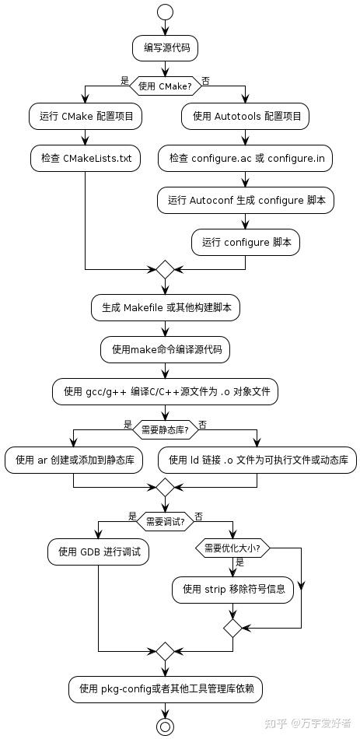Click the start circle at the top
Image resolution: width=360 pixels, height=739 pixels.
pos(165,12)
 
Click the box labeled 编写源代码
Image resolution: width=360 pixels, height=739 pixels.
pos(165,48)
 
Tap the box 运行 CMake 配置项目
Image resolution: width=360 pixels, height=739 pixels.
pos(86,117)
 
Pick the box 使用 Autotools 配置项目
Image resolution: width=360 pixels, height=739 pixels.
pos(246,117)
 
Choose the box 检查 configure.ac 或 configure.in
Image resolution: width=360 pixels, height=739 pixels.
pos(246,159)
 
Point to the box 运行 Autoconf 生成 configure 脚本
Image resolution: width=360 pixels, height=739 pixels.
pos(246,200)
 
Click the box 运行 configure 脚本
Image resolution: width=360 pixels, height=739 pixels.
pos(246,241)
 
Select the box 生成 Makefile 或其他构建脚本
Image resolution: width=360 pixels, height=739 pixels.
pos(165,307)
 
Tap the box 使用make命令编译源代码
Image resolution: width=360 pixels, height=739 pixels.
pos(165,349)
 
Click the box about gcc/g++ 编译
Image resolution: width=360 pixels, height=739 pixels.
pos(165,391)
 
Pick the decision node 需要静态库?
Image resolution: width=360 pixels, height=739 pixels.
pos(165,426)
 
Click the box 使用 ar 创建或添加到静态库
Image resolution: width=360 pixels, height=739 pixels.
pos(74,460)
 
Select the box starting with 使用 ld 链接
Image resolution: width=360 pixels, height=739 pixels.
pos(257,460)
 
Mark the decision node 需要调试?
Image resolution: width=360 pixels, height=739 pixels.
pos(165,520)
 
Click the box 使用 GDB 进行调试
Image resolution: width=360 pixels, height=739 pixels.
pos(98,552)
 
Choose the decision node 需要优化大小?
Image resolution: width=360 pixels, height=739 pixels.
pos(232,548)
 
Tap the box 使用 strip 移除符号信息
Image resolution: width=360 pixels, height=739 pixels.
pos(233,589)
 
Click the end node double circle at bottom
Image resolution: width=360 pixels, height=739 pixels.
pos(165,726)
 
